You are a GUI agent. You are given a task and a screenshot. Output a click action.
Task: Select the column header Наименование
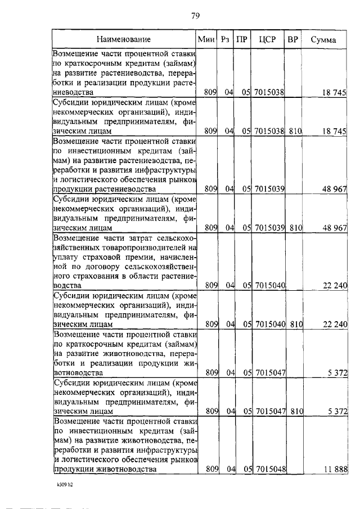[123, 40]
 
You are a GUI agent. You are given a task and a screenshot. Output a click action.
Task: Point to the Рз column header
[226, 40]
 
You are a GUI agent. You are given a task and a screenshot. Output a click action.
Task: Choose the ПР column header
[242, 40]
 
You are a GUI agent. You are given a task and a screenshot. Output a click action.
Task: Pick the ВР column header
[292, 40]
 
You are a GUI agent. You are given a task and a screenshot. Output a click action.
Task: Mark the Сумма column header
[327, 40]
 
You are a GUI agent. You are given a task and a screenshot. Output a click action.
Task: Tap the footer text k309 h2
[65, 484]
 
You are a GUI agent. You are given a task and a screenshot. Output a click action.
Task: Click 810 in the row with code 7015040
[296, 325]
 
